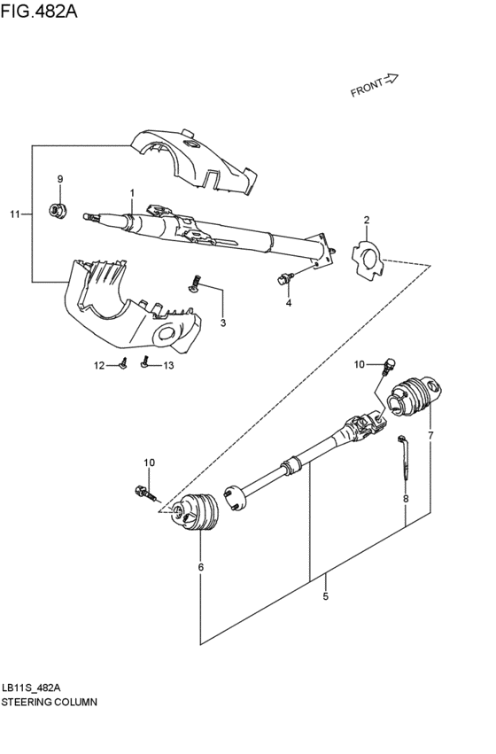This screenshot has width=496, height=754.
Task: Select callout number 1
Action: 131,192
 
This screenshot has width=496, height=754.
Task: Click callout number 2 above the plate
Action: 366,220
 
